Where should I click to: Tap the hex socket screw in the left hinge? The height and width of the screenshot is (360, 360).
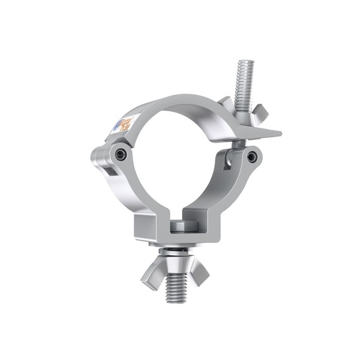click(122, 154)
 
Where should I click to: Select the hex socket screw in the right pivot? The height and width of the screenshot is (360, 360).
click(252, 157)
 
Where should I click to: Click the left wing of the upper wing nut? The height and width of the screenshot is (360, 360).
click(224, 102)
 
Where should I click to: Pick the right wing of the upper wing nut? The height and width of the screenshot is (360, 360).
click(260, 112)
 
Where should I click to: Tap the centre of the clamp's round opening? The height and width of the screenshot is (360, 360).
click(174, 162)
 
